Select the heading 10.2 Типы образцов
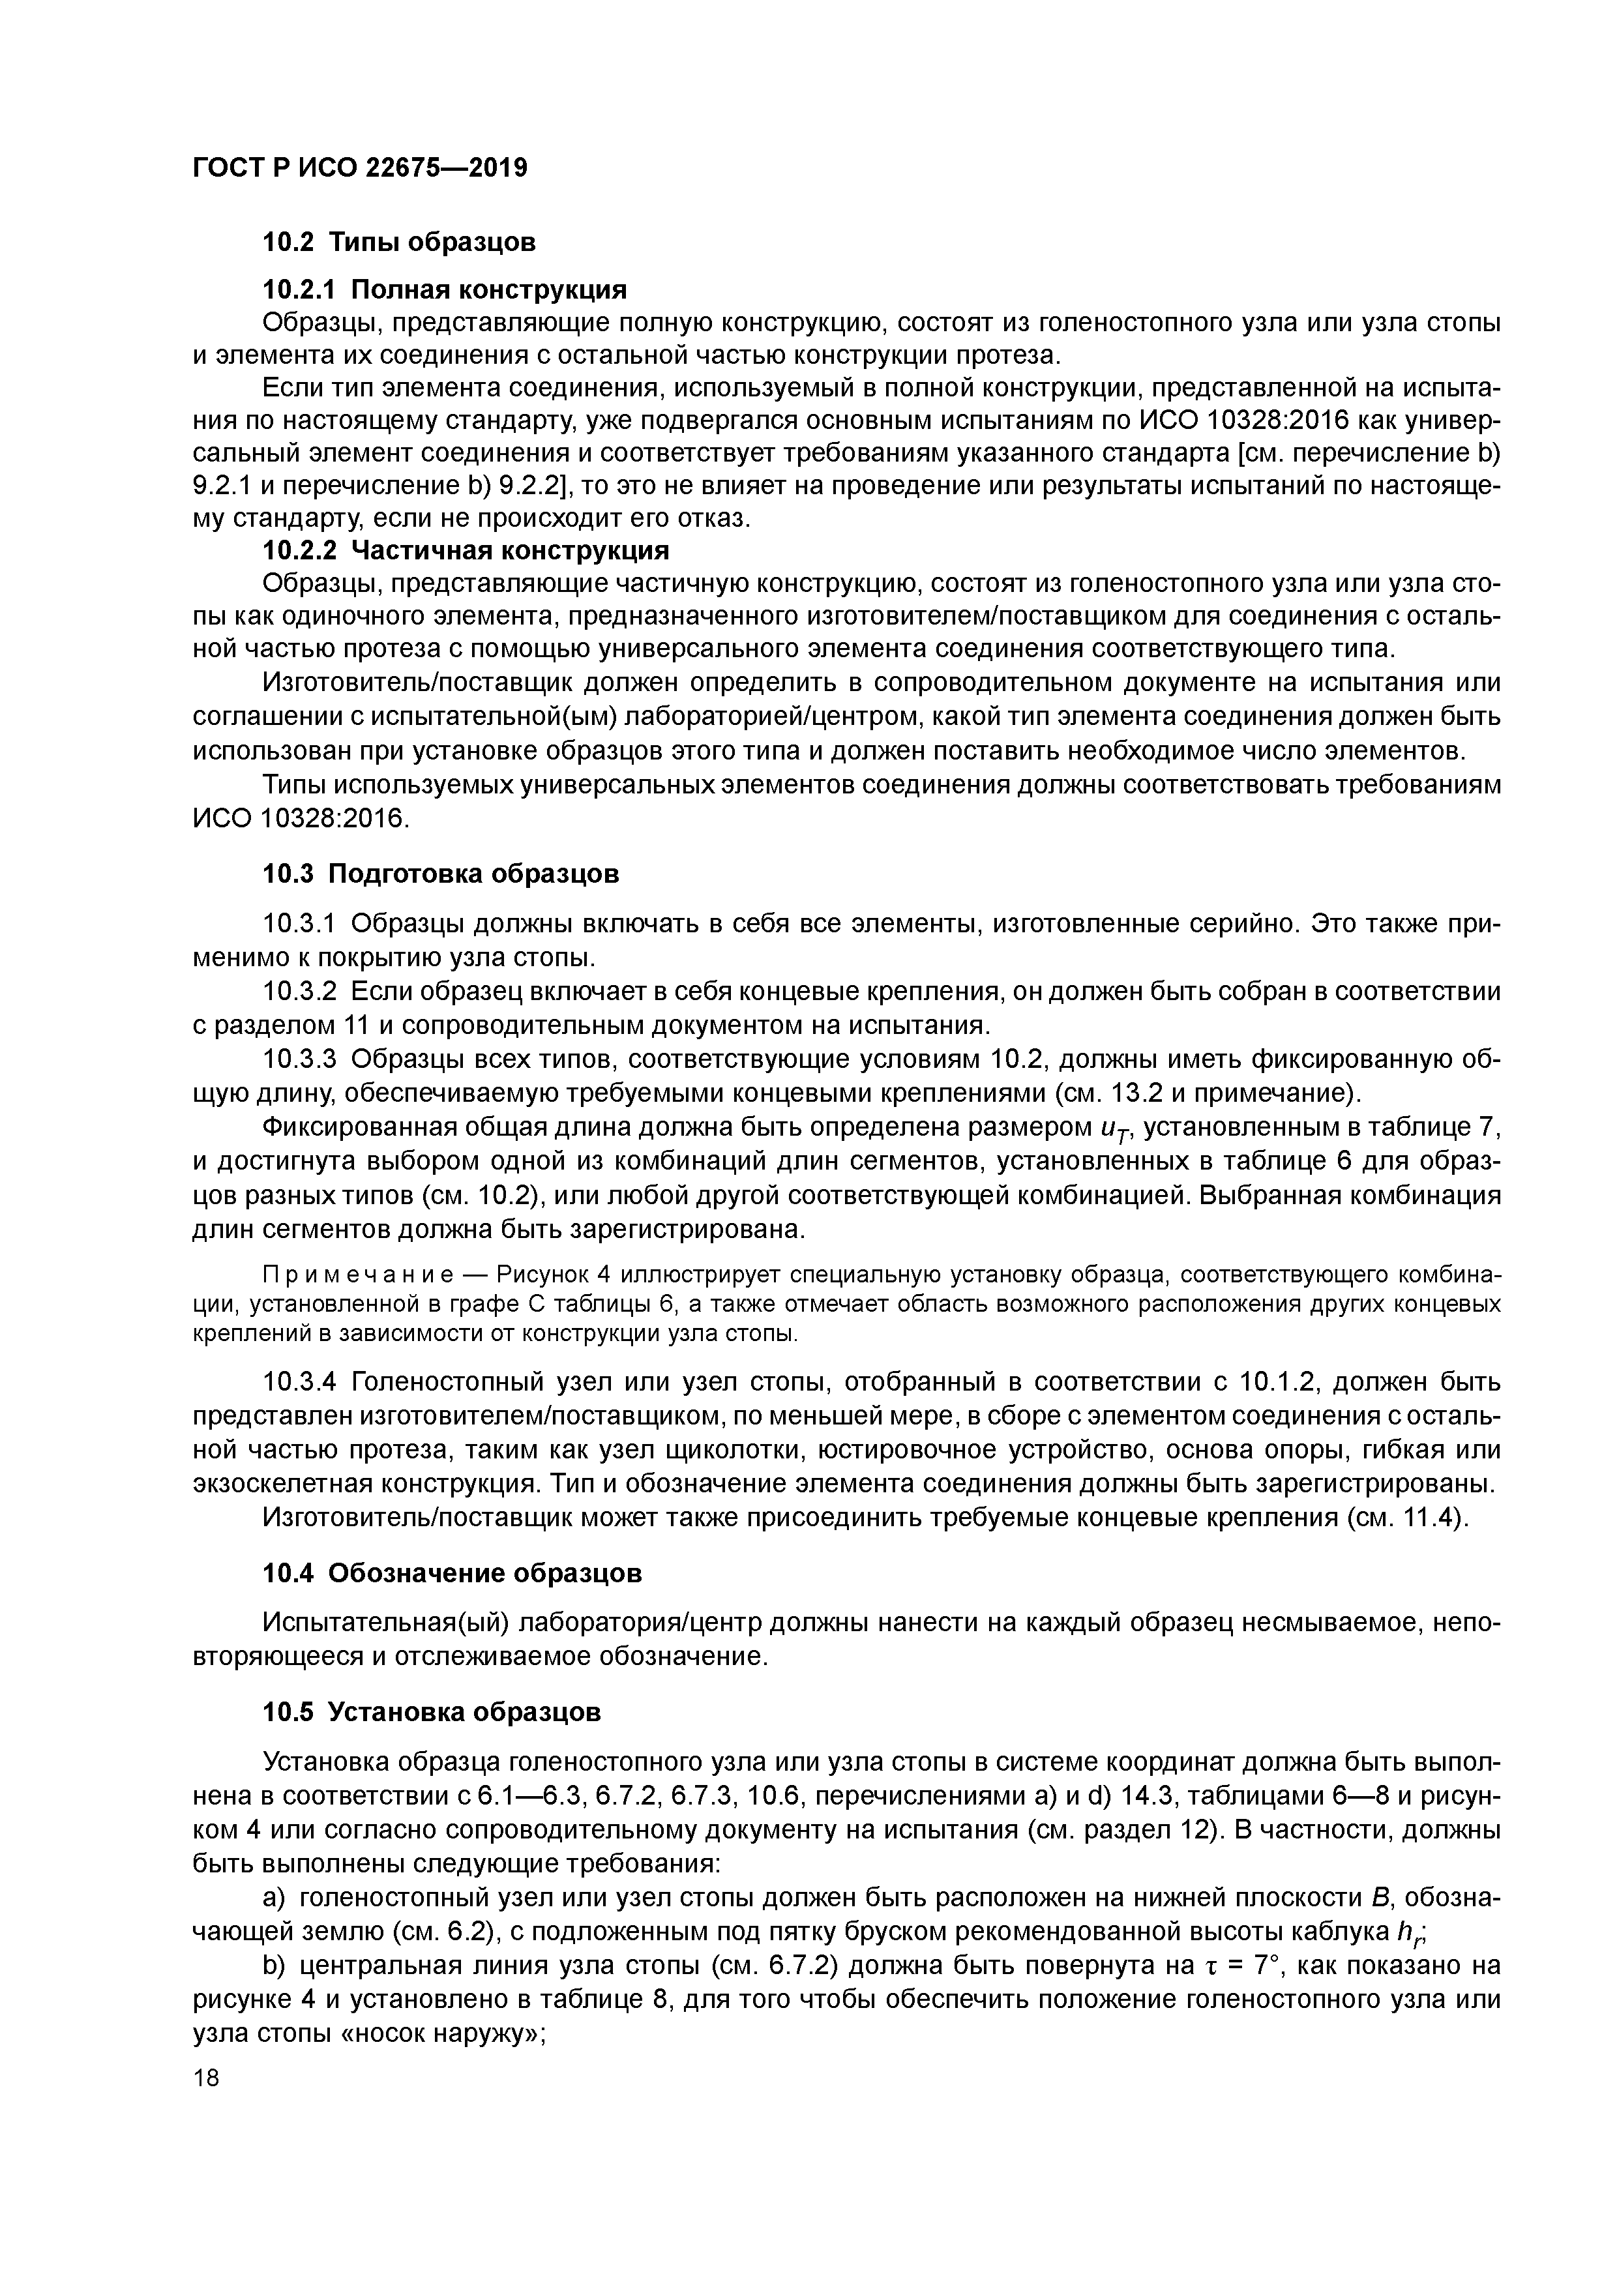tap(398, 241)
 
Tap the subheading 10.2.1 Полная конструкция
tap(445, 290)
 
